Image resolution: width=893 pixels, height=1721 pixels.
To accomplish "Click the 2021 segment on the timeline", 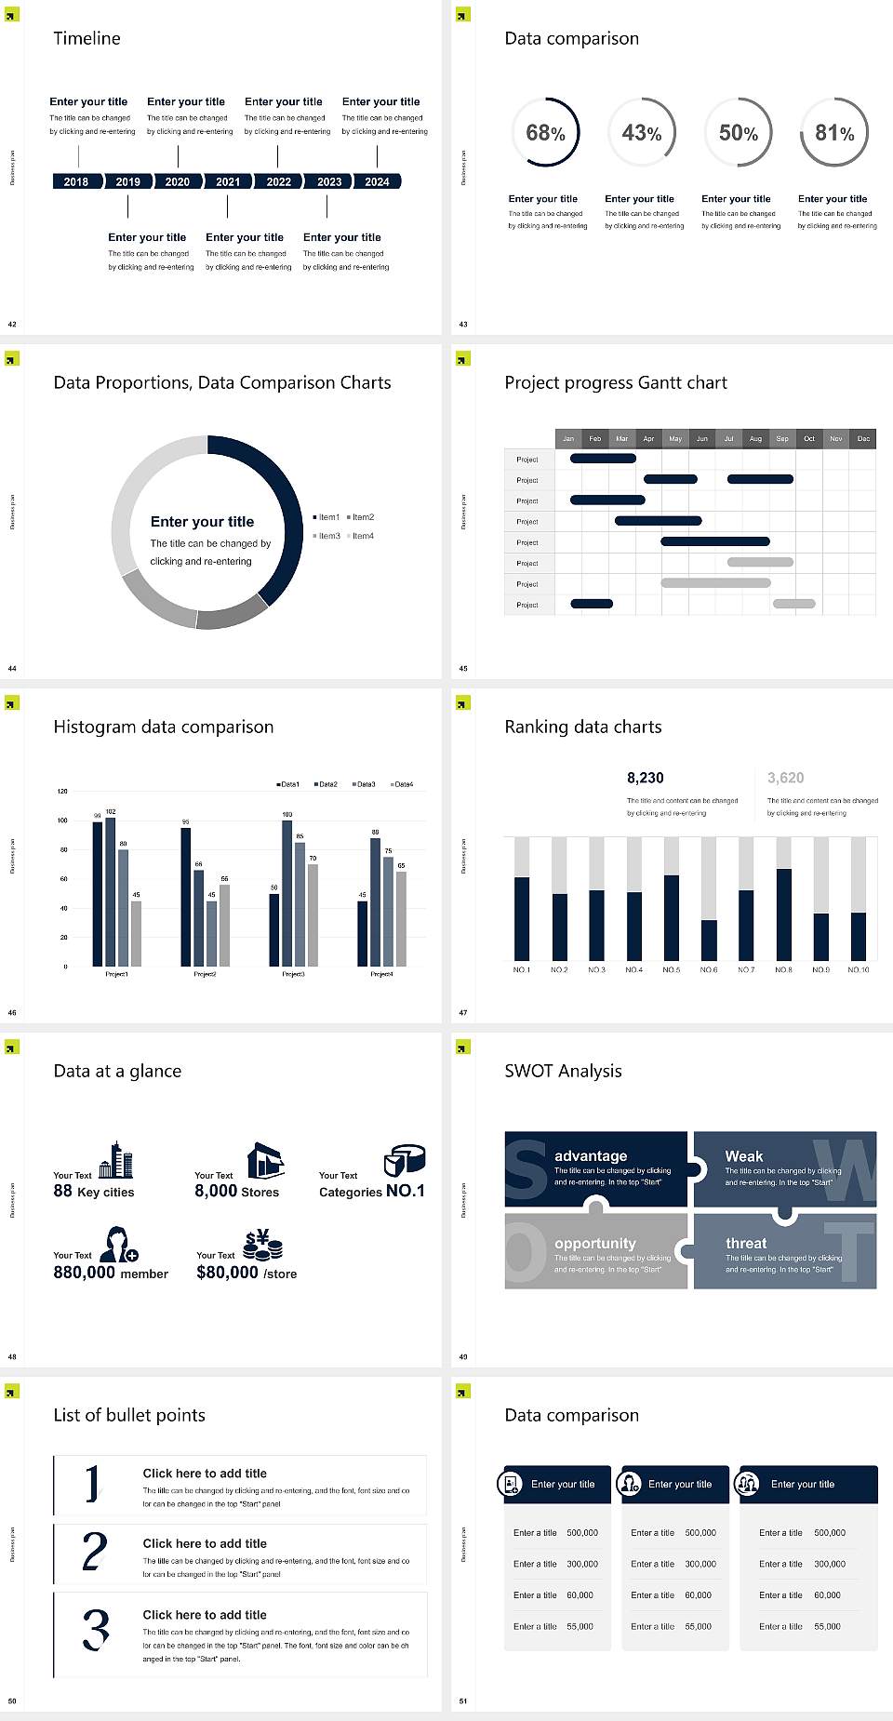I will pos(228,181).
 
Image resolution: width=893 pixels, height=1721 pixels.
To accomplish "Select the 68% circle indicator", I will pos(545,132).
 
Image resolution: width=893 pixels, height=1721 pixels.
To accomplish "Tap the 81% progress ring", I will pos(834,132).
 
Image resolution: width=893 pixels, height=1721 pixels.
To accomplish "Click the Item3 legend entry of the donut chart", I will pos(327,536).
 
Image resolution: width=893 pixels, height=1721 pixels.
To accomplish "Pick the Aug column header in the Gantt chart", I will pos(755,438).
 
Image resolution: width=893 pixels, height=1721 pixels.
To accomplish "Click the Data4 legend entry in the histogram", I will pos(402,784).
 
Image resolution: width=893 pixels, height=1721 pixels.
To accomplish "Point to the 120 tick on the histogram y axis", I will pos(62,791).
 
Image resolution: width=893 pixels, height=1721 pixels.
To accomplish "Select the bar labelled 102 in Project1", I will pos(111,889).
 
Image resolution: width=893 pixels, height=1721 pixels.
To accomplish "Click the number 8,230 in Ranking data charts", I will pos(645,778).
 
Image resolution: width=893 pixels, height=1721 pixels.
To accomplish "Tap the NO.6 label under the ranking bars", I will pos(709,969).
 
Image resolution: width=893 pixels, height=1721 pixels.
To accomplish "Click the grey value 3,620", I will pos(785,778).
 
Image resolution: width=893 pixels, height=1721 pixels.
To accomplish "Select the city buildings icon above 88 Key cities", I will pos(116,1160).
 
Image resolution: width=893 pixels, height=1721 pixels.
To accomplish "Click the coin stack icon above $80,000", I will pos(263,1245).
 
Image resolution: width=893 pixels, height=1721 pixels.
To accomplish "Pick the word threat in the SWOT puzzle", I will pos(746,1243).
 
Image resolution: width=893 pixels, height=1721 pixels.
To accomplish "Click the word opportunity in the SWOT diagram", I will pos(595,1243).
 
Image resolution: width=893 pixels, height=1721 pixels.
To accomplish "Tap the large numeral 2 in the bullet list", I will pos(94,1552).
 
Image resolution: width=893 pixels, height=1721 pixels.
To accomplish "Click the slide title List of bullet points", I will pos(129,1415).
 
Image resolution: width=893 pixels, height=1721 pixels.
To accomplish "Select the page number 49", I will pos(463,1356).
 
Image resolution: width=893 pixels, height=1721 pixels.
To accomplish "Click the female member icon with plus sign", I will pos(119,1244).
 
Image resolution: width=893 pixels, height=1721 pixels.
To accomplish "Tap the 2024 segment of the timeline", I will pos(377,181).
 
